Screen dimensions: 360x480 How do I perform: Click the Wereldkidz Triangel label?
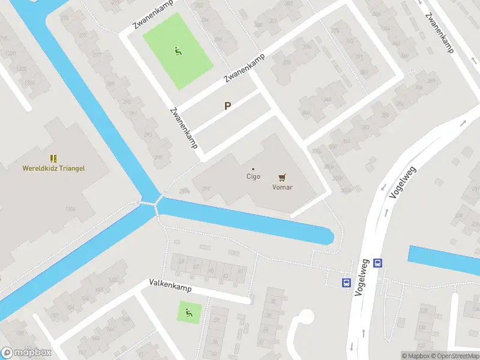pos(54,168)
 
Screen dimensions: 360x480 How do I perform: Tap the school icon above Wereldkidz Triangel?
pos(54,158)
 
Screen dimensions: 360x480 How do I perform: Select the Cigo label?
pos(253,176)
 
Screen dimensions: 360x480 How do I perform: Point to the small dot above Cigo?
pos(253,169)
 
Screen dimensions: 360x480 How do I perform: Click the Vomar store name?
pos(282,186)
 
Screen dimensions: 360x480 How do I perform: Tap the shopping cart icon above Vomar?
pos(282,177)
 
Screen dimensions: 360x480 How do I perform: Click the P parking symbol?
pos(227,106)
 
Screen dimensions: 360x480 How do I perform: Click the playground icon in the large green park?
pos(177,52)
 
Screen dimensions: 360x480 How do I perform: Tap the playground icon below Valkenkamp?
pos(189,312)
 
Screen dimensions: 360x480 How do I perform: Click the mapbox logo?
pos(26,353)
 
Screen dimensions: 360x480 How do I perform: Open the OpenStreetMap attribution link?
pos(456,356)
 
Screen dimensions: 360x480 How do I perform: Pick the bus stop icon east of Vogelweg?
pos(378,262)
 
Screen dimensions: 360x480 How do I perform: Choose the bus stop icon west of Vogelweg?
pos(347,283)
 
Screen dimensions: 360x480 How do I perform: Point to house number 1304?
pos(71,209)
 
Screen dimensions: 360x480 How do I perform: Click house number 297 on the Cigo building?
pos(206,188)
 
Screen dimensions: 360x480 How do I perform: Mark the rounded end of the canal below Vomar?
pos(327,236)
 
